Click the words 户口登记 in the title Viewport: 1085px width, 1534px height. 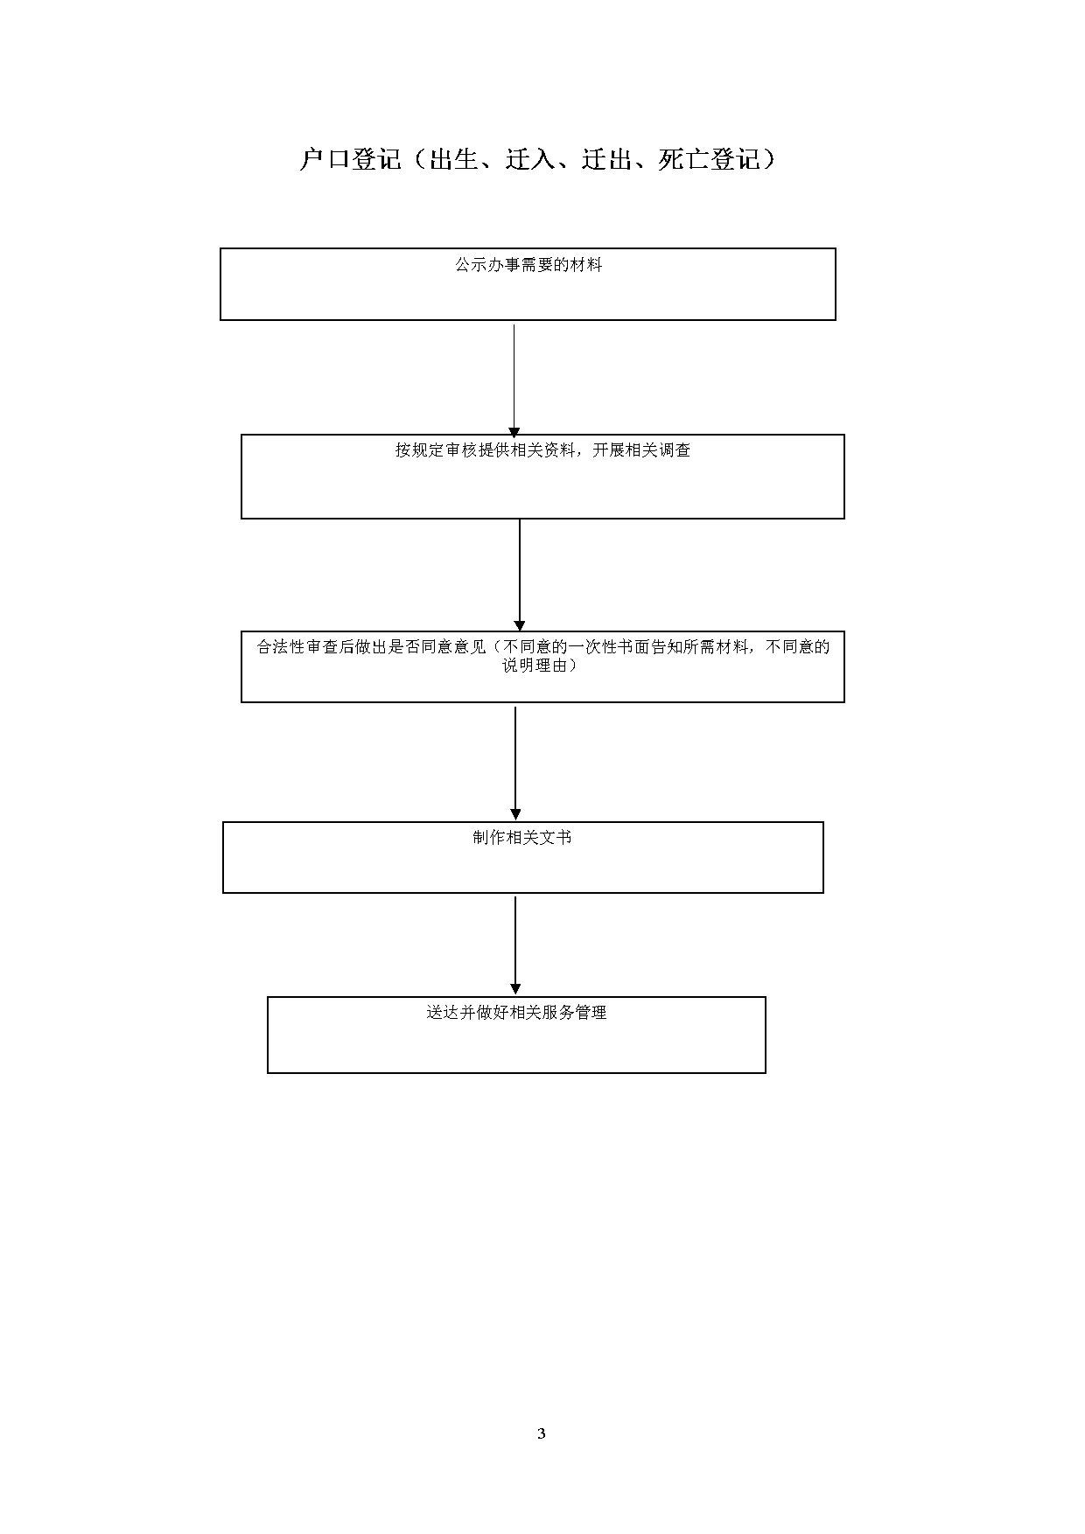(350, 159)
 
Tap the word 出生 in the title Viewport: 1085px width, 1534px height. (453, 159)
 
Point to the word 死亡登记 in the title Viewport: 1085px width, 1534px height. (710, 159)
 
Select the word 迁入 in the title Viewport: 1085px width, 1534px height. (530, 159)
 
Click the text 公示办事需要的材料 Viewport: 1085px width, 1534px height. (528, 265)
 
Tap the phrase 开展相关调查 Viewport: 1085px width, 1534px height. (641, 450)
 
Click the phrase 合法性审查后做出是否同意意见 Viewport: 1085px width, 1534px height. (371, 647)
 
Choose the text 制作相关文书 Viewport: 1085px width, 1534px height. (522, 838)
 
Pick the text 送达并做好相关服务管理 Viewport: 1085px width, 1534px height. (516, 1013)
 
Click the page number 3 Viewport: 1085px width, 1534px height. (542, 1433)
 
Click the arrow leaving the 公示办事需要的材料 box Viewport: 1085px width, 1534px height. (514, 380)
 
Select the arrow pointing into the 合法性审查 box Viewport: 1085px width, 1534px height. (520, 575)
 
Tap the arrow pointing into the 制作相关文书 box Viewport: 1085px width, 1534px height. (515, 764)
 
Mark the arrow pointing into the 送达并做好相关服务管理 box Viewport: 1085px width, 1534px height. (515, 945)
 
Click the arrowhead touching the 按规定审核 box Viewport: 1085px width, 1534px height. (514, 431)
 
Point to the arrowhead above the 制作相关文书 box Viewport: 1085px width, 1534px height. (515, 814)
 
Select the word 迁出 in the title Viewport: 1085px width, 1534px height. (607, 159)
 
